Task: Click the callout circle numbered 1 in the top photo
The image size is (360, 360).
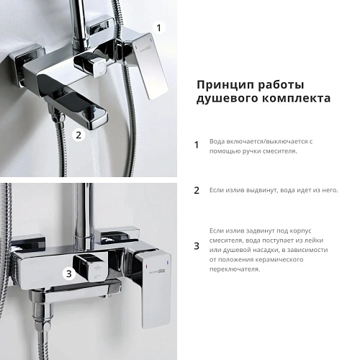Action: (x=160, y=28)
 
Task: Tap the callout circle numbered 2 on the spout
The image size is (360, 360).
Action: (x=80, y=134)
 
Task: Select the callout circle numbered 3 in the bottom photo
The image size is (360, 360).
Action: (x=68, y=273)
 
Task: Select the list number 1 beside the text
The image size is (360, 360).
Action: (x=197, y=145)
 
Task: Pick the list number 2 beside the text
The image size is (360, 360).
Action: (x=197, y=191)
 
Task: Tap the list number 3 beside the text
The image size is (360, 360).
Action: (x=197, y=246)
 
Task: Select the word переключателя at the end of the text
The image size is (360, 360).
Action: (x=235, y=269)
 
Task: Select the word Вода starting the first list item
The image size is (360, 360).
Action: (x=217, y=141)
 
